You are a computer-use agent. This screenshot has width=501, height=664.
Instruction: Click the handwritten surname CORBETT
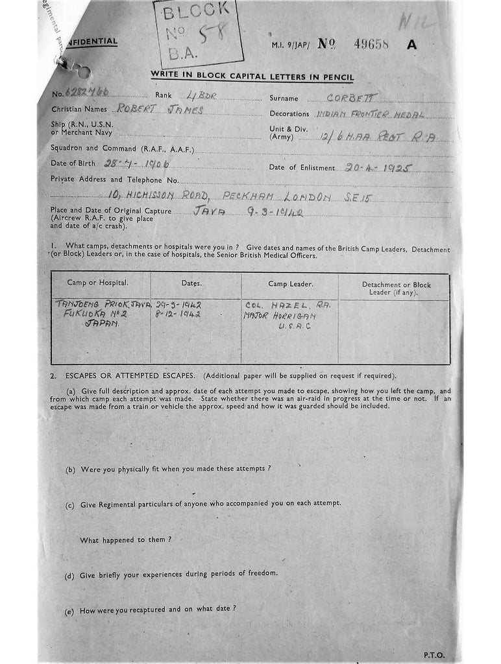click(352, 98)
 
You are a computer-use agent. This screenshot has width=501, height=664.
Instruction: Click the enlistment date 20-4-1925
click(374, 167)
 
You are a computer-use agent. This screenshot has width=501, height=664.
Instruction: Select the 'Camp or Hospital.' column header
click(98, 283)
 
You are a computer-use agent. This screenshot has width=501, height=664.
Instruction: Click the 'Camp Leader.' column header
click(291, 284)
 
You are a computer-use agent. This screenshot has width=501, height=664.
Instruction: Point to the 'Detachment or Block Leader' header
click(396, 288)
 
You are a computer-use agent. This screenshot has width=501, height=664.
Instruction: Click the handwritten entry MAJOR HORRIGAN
click(279, 315)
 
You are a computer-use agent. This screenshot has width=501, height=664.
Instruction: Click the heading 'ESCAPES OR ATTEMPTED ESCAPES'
click(129, 375)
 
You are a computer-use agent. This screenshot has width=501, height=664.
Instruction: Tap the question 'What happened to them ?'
click(126, 539)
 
